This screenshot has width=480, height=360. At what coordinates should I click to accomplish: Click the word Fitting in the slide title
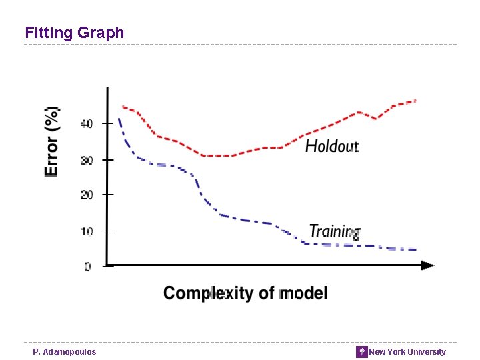pyautogui.click(x=47, y=33)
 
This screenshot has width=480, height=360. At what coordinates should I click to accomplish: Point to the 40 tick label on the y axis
pyautogui.click(x=87, y=124)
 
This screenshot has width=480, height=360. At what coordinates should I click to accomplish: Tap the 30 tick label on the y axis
pyautogui.click(x=87, y=160)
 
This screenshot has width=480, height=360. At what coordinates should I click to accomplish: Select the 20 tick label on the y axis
pyautogui.click(x=87, y=195)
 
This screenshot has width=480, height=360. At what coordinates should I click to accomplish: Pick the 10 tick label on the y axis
pyautogui.click(x=87, y=231)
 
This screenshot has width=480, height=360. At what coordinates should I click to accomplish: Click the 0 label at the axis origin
pyautogui.click(x=87, y=267)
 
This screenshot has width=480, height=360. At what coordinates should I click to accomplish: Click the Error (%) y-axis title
pyautogui.click(x=51, y=141)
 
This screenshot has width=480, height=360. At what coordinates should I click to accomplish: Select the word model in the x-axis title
pyautogui.click(x=303, y=293)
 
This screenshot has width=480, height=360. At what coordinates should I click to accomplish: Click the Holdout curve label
pyautogui.click(x=331, y=145)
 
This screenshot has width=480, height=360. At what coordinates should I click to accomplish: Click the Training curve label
pyautogui.click(x=335, y=231)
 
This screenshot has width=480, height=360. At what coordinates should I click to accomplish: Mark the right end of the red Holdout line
pyautogui.click(x=415, y=101)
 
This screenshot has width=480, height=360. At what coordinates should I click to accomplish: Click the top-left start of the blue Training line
pyautogui.click(x=119, y=119)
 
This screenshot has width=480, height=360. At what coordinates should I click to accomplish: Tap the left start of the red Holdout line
pyautogui.click(x=122, y=106)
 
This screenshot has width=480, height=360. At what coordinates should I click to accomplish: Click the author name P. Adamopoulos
pyautogui.click(x=65, y=352)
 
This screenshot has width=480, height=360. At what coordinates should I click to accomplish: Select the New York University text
pyautogui.click(x=407, y=352)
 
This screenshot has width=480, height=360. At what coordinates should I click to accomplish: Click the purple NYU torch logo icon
pyautogui.click(x=361, y=351)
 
